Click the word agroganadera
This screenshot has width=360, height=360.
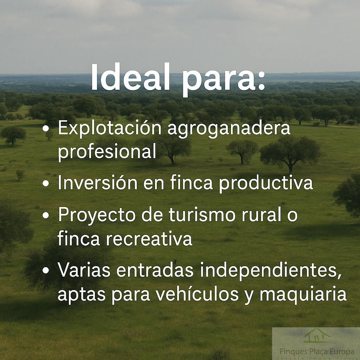(x=229, y=129)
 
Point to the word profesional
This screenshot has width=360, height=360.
(x=107, y=152)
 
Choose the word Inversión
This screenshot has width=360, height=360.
(x=98, y=182)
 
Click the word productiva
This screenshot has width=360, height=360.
(x=266, y=183)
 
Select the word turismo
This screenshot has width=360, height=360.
(x=202, y=215)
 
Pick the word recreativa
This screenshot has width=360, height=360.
(x=149, y=238)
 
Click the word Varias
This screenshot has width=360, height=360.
(x=84, y=270)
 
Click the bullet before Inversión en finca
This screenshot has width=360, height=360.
(x=46, y=183)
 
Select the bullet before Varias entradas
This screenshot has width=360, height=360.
(x=46, y=270)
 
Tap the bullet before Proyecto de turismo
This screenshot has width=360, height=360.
(x=46, y=216)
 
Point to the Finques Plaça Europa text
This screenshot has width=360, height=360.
(x=317, y=352)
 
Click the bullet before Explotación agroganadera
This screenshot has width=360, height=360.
(x=46, y=129)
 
